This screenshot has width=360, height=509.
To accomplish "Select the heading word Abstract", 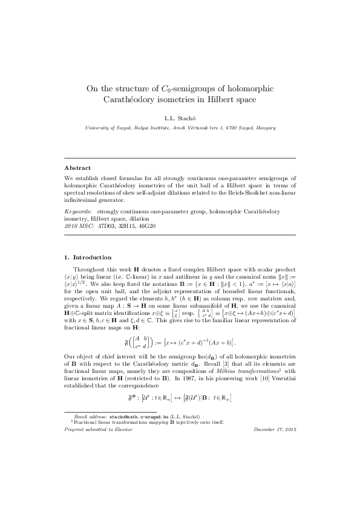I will click(79, 167).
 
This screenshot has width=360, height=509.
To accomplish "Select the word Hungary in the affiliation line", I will click(266, 128).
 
